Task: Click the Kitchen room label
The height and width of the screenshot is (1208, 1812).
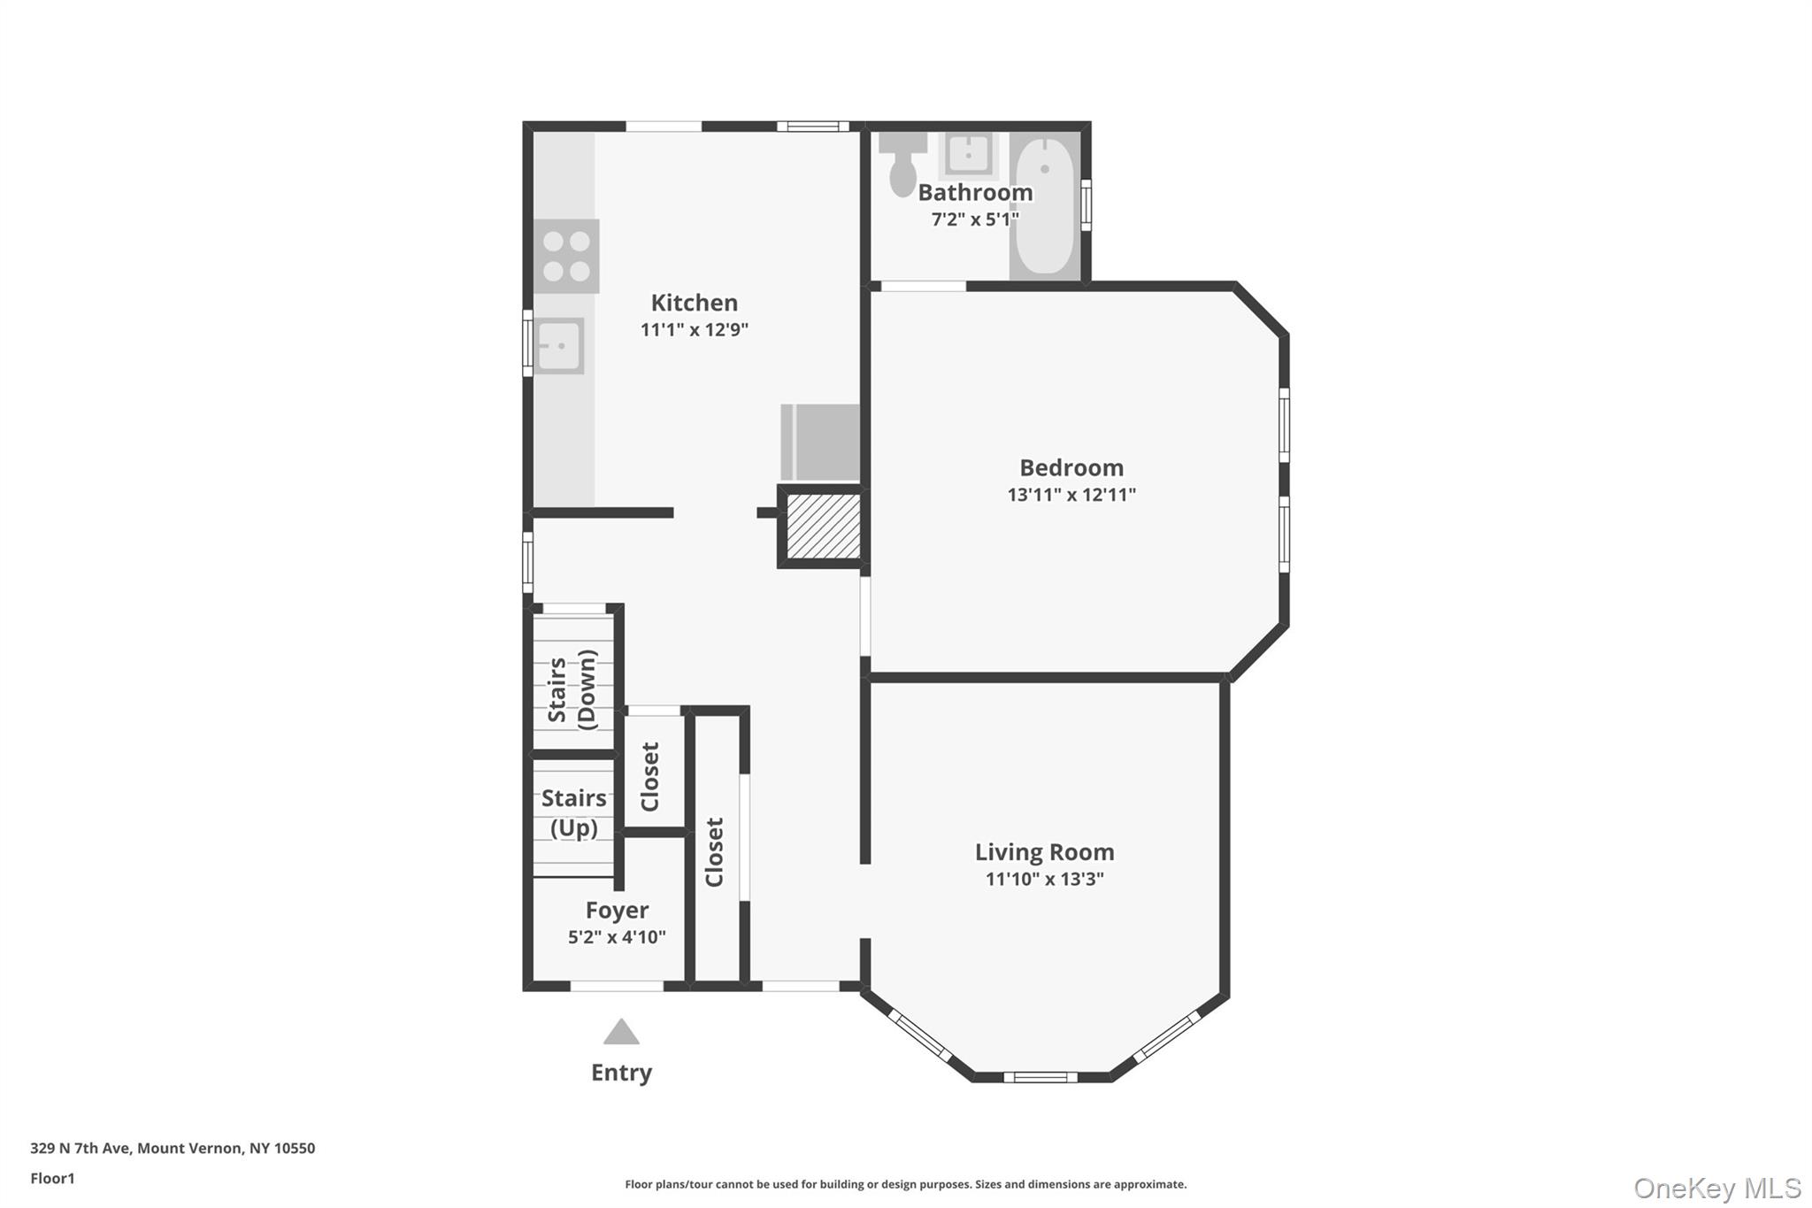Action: click(694, 303)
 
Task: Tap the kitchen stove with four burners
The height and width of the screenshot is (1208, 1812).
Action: click(566, 256)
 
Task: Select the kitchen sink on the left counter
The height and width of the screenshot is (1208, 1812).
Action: click(559, 346)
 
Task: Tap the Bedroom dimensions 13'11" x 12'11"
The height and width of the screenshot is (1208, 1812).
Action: click(1071, 495)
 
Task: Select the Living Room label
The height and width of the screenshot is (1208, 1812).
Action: click(1044, 852)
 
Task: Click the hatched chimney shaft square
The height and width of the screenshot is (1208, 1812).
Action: click(823, 527)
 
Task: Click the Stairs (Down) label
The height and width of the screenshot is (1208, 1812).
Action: click(572, 689)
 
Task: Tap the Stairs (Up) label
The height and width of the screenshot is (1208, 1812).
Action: click(573, 812)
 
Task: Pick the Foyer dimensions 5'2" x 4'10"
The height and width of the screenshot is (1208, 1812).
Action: click(617, 937)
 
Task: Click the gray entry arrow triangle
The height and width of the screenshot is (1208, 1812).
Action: click(621, 1033)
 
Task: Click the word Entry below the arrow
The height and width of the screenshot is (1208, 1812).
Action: click(621, 1073)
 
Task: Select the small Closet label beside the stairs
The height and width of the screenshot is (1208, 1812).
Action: click(650, 776)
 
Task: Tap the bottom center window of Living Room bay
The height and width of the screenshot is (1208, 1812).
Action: click(1040, 1077)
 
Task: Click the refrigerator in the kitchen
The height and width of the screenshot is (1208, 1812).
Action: click(820, 442)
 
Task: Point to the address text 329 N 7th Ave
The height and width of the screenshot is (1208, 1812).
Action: click(173, 1148)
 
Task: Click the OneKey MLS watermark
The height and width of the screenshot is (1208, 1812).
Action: click(1716, 1188)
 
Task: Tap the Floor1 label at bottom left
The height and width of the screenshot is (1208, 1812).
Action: click(52, 1178)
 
